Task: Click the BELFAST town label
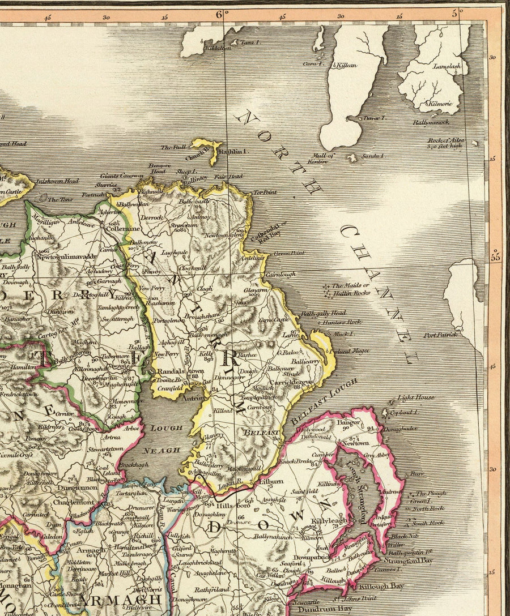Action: click(261, 433)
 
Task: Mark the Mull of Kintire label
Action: click(321, 158)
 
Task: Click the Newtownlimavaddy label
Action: click(69, 256)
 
